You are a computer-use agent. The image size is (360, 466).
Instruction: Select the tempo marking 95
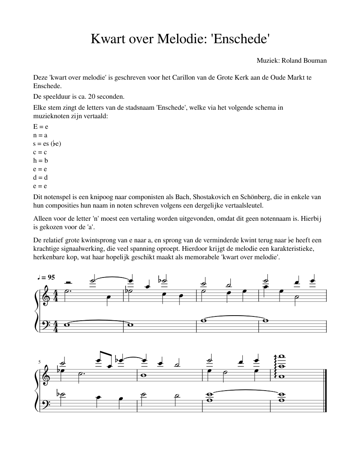tap(51, 277)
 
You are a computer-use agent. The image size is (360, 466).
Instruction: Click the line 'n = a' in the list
tap(40, 135)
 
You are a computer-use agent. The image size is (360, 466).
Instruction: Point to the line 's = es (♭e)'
tap(47, 144)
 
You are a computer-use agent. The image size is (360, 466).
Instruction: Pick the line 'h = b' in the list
tap(40, 161)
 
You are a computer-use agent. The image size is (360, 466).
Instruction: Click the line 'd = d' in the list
tap(40, 178)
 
